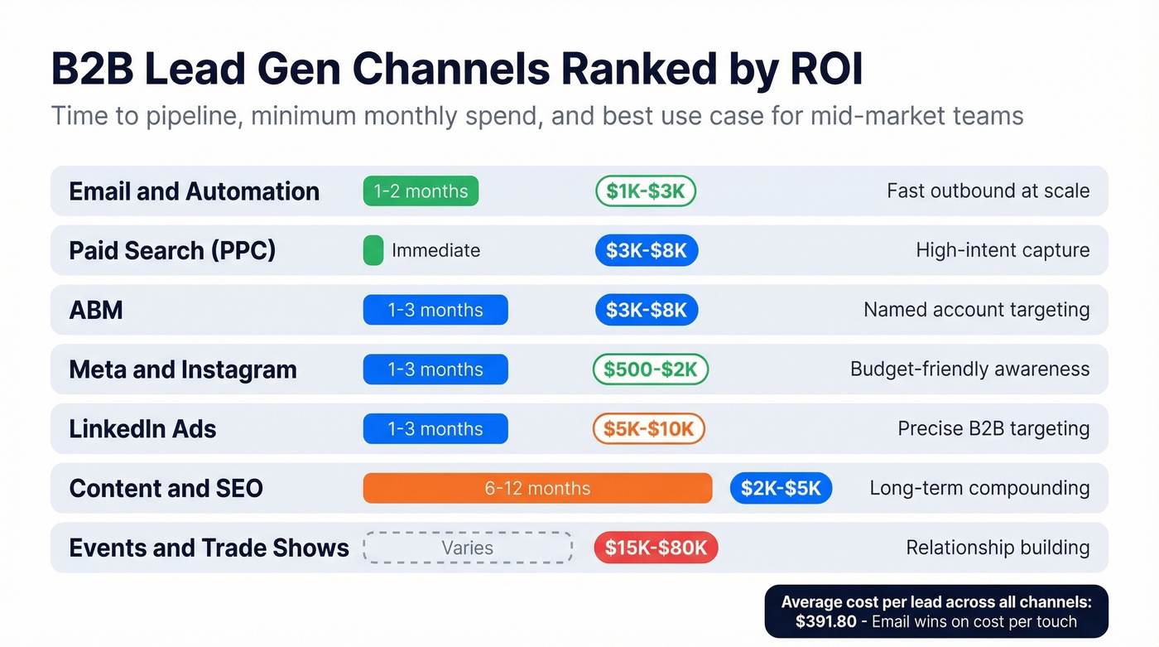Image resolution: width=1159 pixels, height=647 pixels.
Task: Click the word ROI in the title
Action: click(815, 70)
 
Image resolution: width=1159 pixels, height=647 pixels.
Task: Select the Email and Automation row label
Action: click(194, 191)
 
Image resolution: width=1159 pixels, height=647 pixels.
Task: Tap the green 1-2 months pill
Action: click(421, 191)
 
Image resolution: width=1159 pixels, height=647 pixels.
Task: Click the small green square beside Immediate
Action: click(373, 250)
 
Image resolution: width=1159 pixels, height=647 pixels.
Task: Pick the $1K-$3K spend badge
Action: click(646, 191)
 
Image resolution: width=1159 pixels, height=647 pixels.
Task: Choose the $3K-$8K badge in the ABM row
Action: click(647, 310)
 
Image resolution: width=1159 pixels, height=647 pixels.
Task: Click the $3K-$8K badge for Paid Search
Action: click(647, 250)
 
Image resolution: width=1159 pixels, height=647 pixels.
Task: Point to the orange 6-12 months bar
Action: click(537, 488)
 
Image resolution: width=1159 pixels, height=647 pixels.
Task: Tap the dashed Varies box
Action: click(468, 548)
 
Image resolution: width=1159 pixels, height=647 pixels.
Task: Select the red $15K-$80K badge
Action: click(656, 548)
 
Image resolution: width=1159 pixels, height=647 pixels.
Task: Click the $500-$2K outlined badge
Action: click(651, 369)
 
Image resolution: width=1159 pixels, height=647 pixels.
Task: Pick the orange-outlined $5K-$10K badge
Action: click(649, 428)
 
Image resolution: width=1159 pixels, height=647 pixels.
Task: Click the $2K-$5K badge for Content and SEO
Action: click(781, 488)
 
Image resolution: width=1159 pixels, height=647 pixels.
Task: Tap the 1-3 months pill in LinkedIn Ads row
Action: click(435, 428)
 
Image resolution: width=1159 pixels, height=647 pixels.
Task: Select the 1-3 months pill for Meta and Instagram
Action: click(435, 369)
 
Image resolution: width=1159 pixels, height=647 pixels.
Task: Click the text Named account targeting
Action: click(976, 310)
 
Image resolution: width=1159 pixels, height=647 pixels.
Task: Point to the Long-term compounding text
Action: click(979, 488)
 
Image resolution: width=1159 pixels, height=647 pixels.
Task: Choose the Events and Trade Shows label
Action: click(209, 548)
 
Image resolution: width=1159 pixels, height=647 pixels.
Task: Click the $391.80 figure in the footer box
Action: click(823, 621)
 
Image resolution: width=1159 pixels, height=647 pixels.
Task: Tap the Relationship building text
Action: click(998, 548)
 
